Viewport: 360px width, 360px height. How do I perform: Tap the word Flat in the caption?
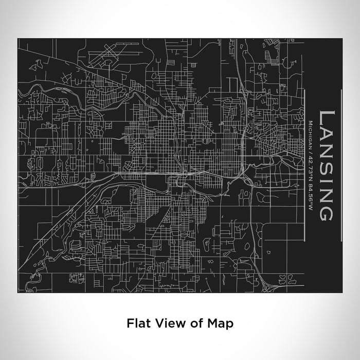tap(136, 324)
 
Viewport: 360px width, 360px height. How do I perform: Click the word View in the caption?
tap(164, 324)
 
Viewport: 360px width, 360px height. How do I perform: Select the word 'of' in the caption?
tap(188, 324)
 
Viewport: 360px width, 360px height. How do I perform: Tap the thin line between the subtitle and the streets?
tap(303, 165)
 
